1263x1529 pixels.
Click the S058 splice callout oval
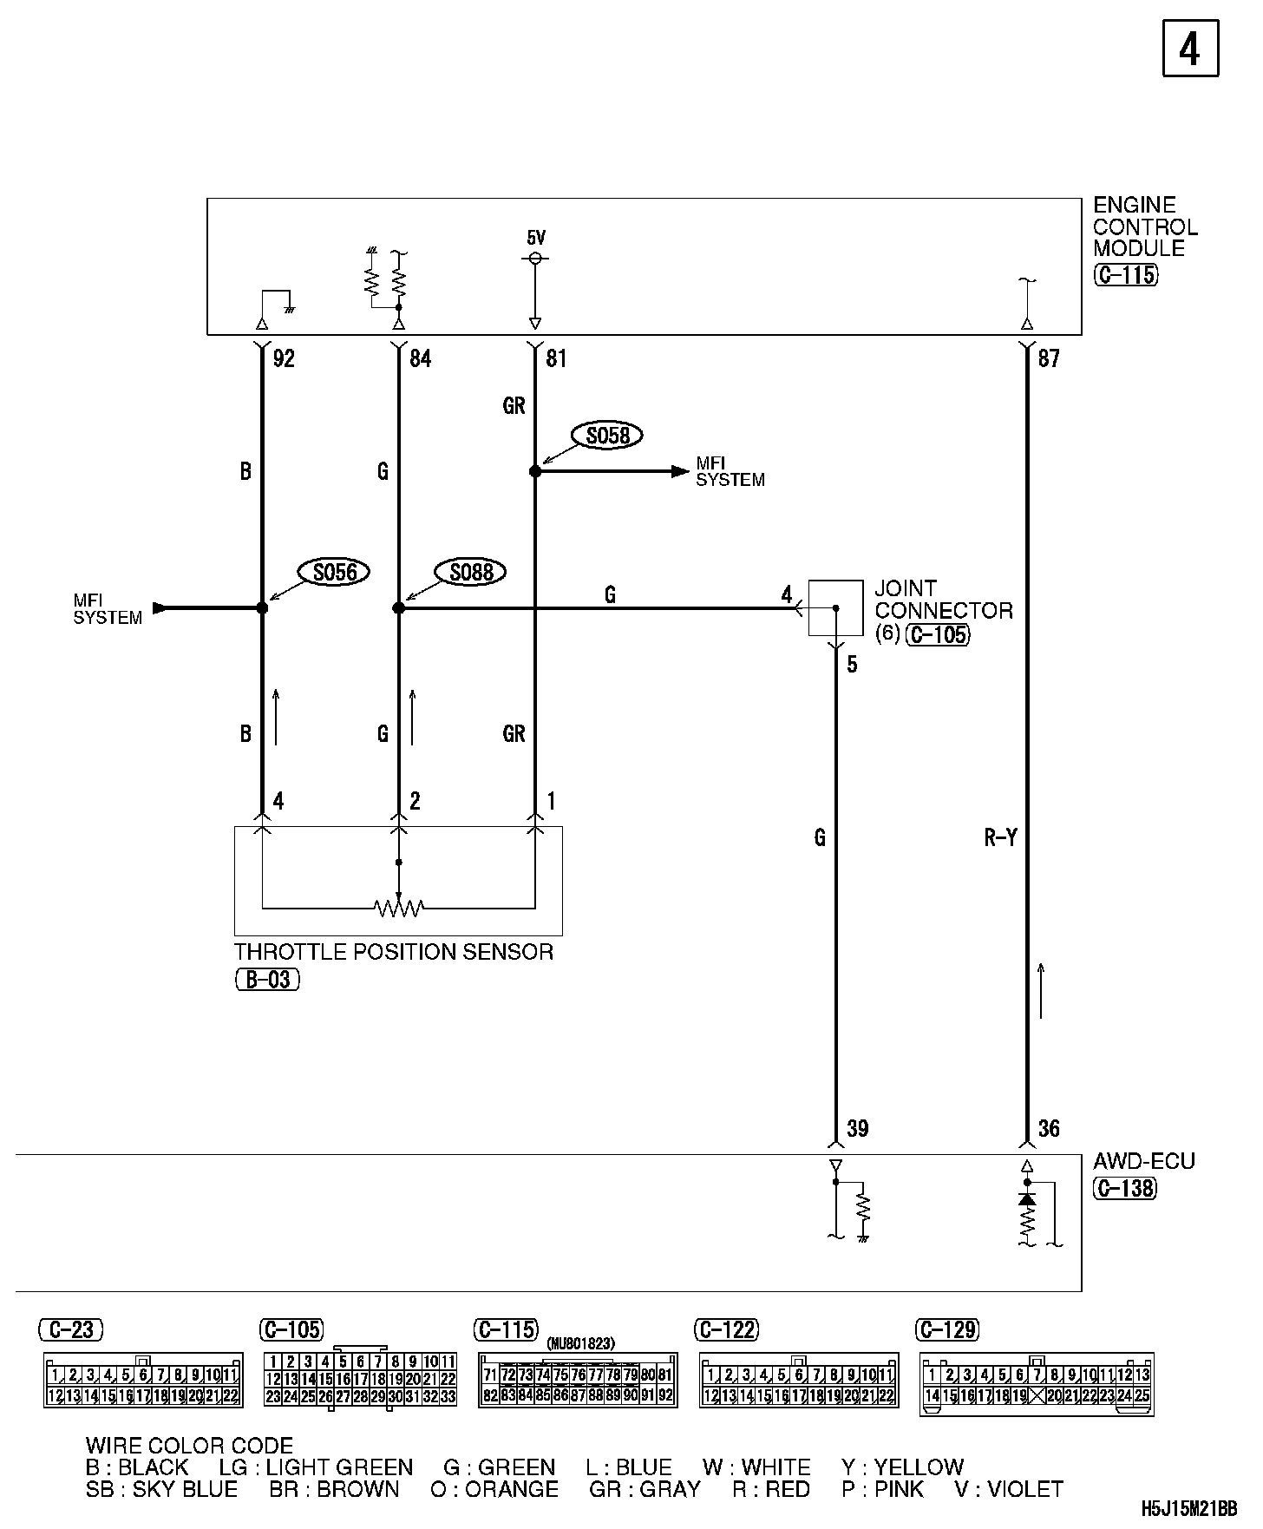[x=607, y=435]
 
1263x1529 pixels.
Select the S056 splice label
[x=334, y=572]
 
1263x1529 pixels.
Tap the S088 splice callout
[x=471, y=572]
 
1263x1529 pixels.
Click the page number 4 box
[x=1190, y=49]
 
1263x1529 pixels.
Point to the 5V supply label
[x=536, y=237]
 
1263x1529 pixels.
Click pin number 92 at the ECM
[x=284, y=358]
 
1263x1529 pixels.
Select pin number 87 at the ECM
[x=1049, y=358]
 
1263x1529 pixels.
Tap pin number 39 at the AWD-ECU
[x=857, y=1128]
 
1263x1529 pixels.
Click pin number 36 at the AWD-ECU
[x=1049, y=1128]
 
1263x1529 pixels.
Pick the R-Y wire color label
[x=1000, y=837]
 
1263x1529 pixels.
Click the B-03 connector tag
[x=267, y=980]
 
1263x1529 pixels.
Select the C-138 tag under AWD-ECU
[x=1124, y=1188]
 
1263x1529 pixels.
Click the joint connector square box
[x=835, y=607]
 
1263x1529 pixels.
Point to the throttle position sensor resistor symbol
[x=399, y=908]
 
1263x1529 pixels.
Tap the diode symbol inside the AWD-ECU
[x=1027, y=1199]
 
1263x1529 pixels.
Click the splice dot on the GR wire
[x=535, y=471]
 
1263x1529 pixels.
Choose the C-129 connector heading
[x=947, y=1329]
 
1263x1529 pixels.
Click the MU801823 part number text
[x=580, y=1343]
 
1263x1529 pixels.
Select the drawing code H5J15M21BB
[x=1188, y=1510]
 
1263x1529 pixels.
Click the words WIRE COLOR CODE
[x=189, y=1446]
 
